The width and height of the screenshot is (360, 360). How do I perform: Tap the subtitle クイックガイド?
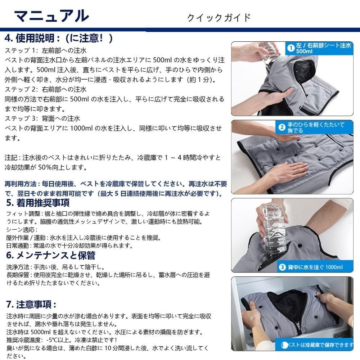(219, 18)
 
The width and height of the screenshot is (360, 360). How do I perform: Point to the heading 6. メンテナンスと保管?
(50, 256)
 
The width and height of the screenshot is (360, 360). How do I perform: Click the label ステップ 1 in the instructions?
(20, 50)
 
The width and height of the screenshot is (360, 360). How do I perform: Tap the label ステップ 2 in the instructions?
(20, 89)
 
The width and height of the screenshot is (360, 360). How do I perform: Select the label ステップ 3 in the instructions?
(20, 118)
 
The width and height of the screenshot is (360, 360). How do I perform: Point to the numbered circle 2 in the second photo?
(282, 127)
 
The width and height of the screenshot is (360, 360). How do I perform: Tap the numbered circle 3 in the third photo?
(282, 267)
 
